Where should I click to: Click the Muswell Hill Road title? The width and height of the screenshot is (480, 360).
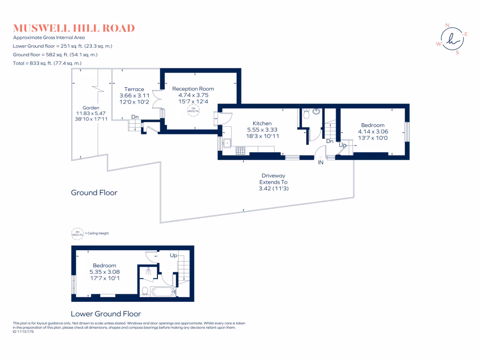pos(74,28)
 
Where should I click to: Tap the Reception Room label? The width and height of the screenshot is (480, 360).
pos(193,89)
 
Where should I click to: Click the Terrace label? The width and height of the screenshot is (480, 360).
pos(134,89)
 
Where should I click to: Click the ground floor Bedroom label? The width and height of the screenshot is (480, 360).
pos(373,125)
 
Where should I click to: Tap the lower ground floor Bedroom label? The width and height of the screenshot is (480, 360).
pos(104,265)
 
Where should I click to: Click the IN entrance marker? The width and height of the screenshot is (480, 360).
pos(321,163)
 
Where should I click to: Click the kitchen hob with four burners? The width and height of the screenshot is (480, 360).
pos(241,151)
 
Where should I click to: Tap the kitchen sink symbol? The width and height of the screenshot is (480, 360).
pos(227,142)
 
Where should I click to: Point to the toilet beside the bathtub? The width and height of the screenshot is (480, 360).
pos(145,291)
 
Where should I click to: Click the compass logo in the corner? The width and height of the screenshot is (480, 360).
pos(451,39)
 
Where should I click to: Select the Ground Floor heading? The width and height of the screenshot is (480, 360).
pos(94,193)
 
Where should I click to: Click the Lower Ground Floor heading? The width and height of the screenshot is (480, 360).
pos(105,314)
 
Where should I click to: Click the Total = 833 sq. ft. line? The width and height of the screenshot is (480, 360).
pos(47,63)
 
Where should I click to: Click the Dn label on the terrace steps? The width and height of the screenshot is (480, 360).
pos(135,117)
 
